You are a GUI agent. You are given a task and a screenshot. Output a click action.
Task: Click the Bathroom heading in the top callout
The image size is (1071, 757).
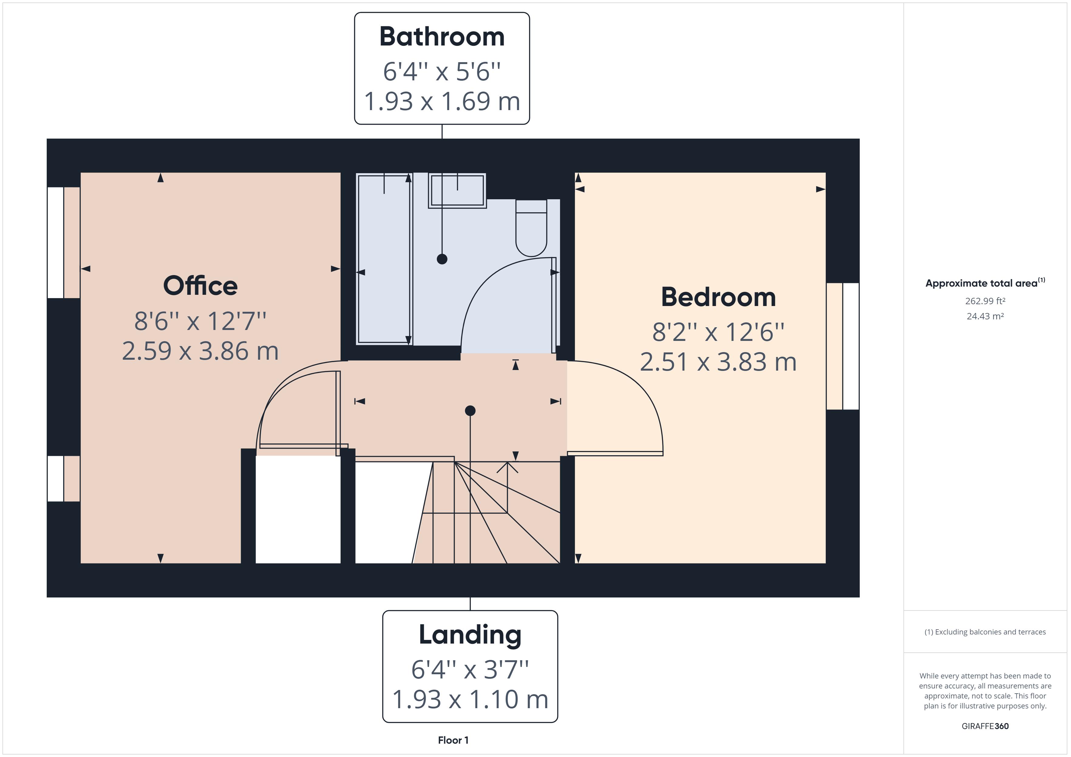coord(442,37)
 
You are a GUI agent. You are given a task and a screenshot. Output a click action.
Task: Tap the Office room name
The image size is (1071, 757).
coord(200,286)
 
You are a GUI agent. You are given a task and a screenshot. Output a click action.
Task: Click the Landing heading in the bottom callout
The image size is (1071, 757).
coord(470,635)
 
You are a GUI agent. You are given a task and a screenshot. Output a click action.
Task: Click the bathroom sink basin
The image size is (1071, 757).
coord(457,190)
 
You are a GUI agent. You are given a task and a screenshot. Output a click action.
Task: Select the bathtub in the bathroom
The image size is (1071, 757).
coord(383,259)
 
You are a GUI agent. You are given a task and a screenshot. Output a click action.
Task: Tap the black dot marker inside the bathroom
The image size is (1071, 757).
coord(442,259)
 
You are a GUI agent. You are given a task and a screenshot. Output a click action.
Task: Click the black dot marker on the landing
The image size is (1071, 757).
coord(470,411)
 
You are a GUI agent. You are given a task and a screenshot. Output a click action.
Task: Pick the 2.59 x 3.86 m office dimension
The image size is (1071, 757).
coord(200,351)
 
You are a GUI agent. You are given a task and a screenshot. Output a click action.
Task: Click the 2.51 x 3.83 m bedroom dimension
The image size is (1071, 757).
coord(718,362)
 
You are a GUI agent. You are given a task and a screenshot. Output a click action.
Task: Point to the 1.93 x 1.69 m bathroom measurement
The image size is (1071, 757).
coord(442,102)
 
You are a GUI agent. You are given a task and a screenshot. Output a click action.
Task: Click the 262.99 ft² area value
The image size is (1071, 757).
coord(985,301)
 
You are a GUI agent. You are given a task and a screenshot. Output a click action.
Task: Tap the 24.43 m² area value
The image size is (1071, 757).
coord(985,316)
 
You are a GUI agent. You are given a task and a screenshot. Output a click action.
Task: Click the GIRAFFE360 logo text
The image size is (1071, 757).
coord(985,726)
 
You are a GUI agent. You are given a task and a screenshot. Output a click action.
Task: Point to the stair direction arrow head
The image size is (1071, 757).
coord(507,465)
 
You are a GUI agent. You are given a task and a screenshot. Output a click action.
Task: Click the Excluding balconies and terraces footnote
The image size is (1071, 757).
coord(985,632)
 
